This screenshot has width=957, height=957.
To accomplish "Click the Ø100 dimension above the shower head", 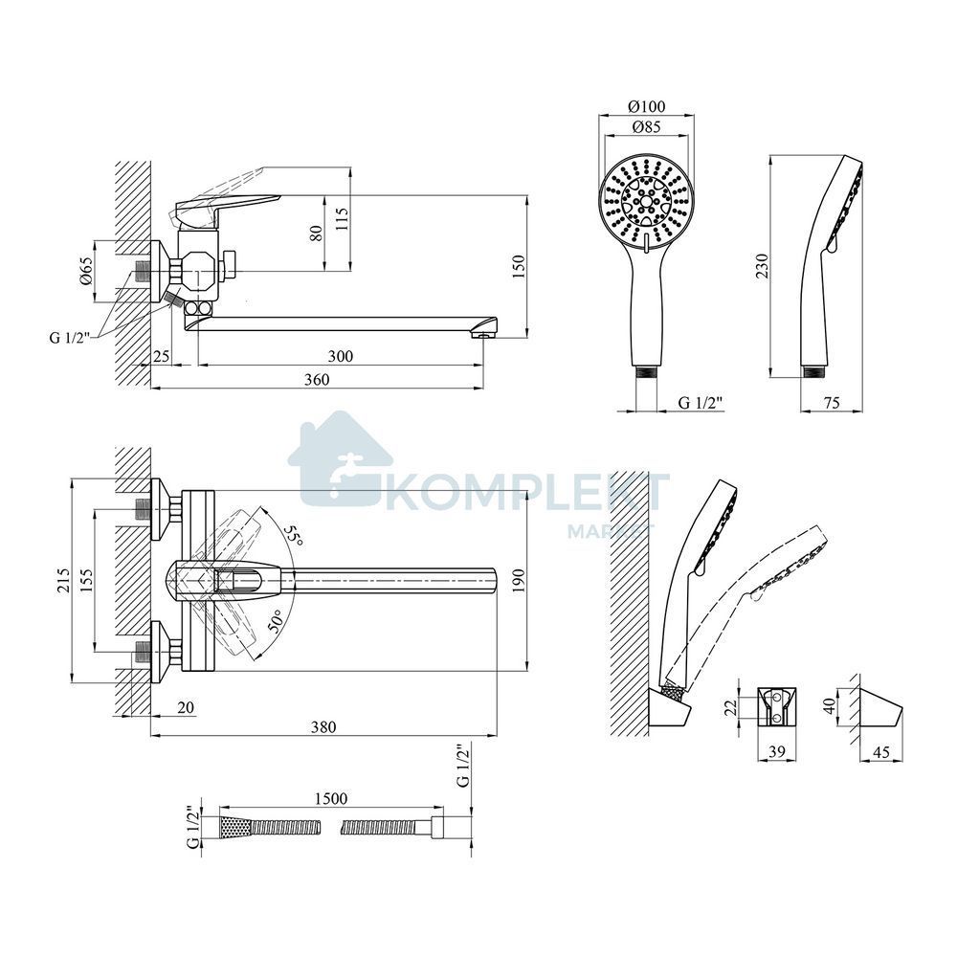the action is click(x=647, y=106).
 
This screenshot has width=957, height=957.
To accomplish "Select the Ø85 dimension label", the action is click(x=646, y=127).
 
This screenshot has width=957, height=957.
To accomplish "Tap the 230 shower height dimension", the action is click(x=763, y=266).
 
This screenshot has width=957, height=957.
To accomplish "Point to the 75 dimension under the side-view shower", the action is click(x=832, y=402).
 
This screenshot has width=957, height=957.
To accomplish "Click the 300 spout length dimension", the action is click(x=340, y=356).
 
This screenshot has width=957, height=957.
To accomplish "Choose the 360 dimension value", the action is click(x=317, y=380).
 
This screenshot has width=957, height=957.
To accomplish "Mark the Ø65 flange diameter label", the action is click(x=86, y=272).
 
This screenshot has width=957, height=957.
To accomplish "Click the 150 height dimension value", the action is click(x=519, y=266).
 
